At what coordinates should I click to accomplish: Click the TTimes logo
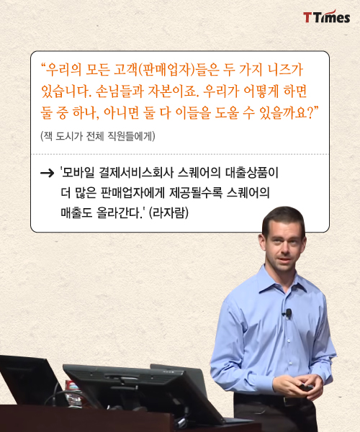point(327,17)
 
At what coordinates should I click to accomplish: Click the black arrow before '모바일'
point(47,173)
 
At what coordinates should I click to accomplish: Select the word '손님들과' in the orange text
point(120,91)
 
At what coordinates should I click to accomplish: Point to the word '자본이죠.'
point(174,91)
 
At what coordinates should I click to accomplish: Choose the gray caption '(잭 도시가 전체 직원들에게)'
point(98,136)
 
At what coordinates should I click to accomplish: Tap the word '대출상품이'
point(252,173)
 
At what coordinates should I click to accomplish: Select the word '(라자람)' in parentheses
point(169,212)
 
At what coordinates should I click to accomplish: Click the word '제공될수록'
point(195,192)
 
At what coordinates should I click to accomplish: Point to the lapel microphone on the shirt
point(288,313)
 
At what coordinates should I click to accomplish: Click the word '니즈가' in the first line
point(286,70)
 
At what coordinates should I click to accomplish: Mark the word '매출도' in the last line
point(76,212)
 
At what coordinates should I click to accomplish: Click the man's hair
point(284,217)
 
